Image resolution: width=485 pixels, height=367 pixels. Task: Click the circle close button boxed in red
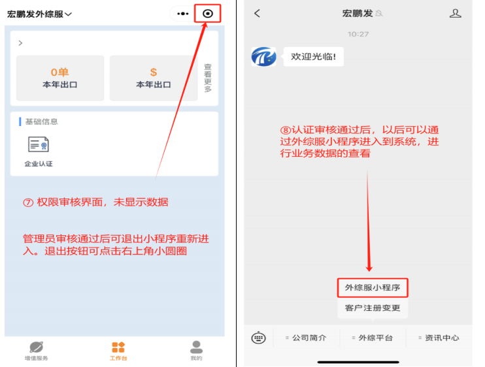[208, 14]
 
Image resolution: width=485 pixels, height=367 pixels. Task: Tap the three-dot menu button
[183, 14]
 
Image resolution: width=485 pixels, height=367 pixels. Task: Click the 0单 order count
[59, 72]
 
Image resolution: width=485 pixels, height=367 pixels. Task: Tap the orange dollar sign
[154, 72]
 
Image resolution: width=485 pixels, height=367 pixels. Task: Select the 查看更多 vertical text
[208, 78]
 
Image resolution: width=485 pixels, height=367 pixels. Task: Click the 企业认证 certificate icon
[39, 144]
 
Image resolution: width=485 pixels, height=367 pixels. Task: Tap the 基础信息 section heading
[41, 121]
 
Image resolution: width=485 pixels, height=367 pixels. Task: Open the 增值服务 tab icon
[36, 347]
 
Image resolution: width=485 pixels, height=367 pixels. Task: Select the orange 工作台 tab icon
[118, 347]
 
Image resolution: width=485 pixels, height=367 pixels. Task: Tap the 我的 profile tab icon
[196, 347]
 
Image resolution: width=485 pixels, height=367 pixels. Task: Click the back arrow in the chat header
[257, 13]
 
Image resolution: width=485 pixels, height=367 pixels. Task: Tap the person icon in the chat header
[456, 13]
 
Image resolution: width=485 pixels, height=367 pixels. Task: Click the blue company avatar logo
[263, 57]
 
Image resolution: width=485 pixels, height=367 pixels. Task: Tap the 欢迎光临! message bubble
[313, 57]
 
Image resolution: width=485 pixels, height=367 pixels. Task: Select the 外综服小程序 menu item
[373, 287]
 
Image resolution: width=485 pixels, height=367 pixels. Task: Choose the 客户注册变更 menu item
[373, 308]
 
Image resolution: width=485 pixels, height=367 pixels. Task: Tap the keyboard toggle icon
[258, 338]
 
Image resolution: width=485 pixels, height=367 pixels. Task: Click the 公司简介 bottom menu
[306, 338]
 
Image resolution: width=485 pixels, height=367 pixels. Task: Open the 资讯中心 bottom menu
[439, 338]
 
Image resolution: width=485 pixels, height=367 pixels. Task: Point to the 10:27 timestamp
[358, 34]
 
